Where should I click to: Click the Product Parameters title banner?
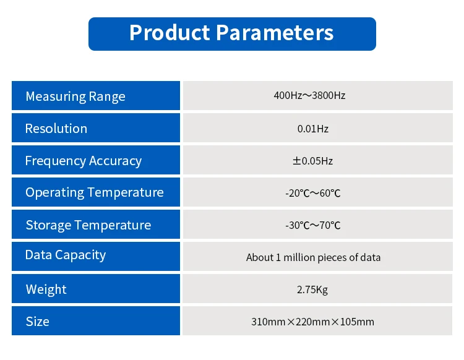(232, 33)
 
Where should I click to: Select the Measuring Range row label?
(75, 96)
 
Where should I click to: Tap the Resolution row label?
(56, 129)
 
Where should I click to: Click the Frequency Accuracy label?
(84, 161)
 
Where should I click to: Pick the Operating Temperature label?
(95, 192)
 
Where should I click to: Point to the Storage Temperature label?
(88, 225)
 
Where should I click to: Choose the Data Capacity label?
(66, 255)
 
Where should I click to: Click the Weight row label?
(46, 289)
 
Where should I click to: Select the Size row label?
(37, 322)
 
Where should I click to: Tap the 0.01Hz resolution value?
(313, 129)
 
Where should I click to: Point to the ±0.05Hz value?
(313, 161)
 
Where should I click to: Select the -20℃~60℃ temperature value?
(313, 193)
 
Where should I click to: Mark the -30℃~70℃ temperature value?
(313, 225)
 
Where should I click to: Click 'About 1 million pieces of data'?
(313, 257)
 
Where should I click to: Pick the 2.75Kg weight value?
(313, 289)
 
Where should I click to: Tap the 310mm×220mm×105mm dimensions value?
(313, 322)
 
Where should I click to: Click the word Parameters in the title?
(275, 33)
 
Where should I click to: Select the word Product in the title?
(169, 33)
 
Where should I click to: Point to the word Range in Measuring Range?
(107, 97)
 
